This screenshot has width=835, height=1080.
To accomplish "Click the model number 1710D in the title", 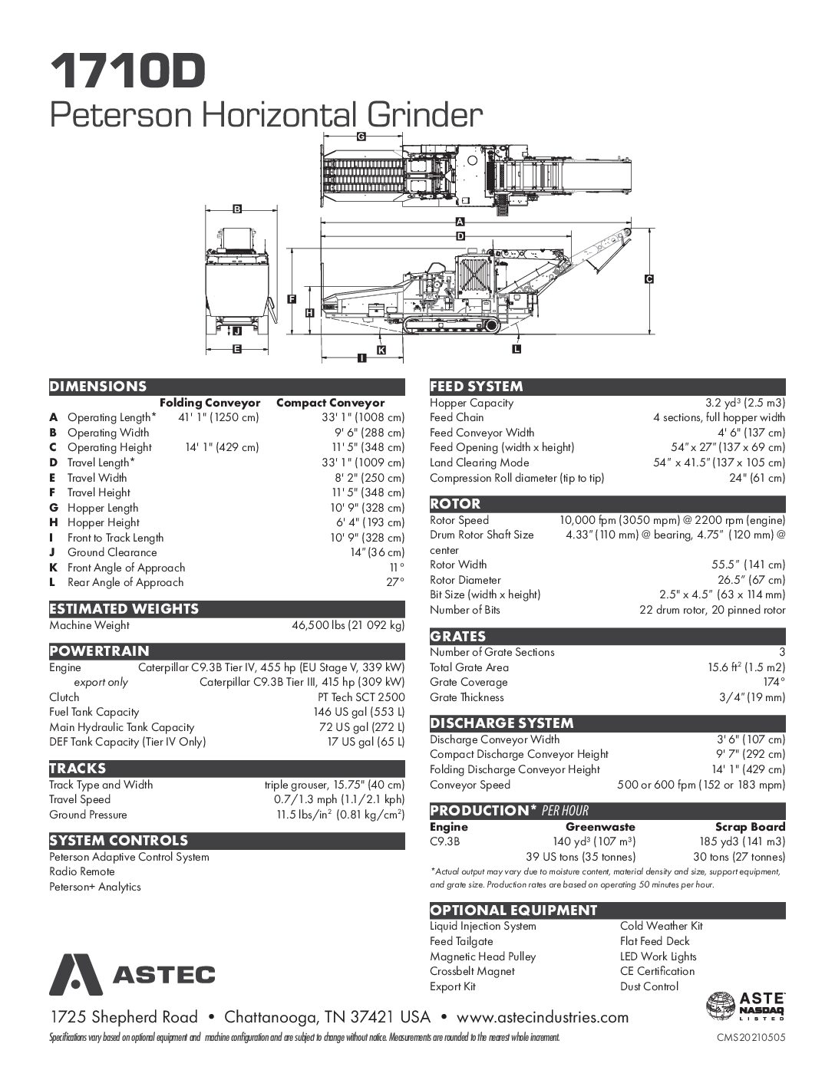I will click(x=129, y=71).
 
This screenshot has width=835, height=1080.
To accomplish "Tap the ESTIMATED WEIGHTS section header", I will click(x=124, y=609).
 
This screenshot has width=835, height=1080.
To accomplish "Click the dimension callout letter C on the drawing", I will click(x=648, y=280).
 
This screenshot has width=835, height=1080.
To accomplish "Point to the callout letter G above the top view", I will click(x=360, y=136).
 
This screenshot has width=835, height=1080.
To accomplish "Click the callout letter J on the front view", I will click(x=237, y=331).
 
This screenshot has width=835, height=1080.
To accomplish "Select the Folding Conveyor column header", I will click(x=210, y=403).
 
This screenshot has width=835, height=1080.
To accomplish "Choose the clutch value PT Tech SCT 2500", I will click(x=361, y=697).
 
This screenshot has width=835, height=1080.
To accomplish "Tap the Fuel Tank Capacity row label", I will click(x=94, y=712).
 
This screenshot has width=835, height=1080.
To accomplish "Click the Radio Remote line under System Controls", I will click(x=82, y=871).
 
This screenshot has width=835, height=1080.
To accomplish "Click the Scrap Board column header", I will click(x=750, y=827).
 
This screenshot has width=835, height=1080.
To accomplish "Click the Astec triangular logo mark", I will click(x=74, y=974).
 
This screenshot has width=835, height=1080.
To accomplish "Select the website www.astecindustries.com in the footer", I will click(x=543, y=1018).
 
